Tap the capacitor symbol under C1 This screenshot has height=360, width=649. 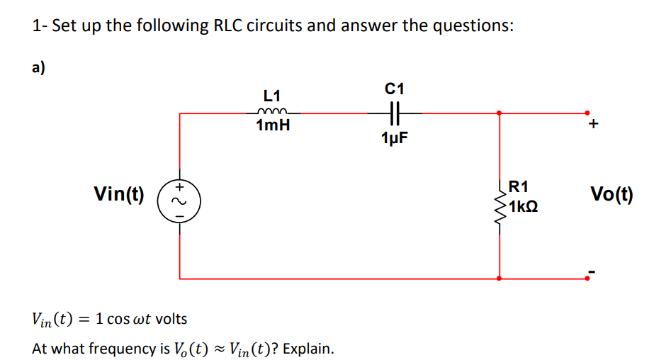pos(395,111)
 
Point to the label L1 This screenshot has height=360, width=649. pos(272,95)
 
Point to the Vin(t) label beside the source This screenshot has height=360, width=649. pos(119,193)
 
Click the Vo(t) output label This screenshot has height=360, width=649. pos(611,193)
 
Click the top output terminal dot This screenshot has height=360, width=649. pos(587,112)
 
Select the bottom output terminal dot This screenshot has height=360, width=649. pos(587,279)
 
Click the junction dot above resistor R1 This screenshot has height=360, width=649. pos(501,112)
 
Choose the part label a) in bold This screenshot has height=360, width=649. pos(38,67)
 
